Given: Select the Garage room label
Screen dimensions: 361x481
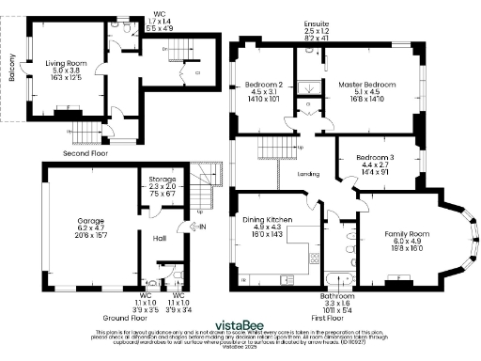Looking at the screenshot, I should [x=90, y=222].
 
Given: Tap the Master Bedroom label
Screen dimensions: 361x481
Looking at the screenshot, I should [x=367, y=84].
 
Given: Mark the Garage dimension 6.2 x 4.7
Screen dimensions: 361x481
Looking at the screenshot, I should [x=90, y=229].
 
